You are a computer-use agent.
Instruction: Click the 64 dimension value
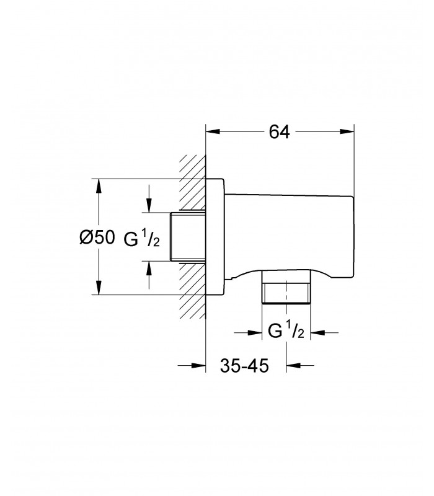click(280, 132)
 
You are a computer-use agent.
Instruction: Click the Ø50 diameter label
click(97, 237)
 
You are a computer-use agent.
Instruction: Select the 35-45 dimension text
click(244, 366)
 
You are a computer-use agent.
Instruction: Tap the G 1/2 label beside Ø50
click(141, 238)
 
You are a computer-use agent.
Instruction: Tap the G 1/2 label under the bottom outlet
click(286, 331)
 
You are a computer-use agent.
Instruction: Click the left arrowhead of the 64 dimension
click(213, 131)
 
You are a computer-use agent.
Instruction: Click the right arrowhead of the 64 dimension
click(347, 131)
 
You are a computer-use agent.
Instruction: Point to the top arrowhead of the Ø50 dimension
click(99, 187)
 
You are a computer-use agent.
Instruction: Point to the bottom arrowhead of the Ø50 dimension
click(99, 288)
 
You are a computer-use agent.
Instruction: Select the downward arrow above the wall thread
click(149, 199)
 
